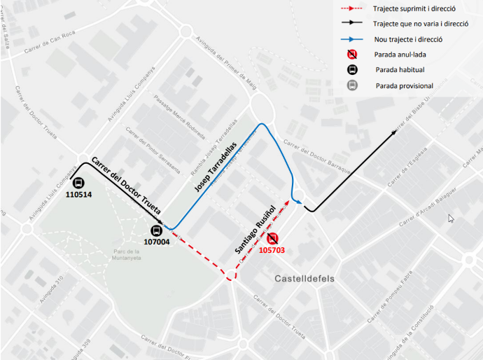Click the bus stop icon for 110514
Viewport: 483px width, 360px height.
pos(78,182)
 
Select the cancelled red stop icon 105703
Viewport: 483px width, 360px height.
pos(273,238)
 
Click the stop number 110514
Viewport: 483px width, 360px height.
pos(78,195)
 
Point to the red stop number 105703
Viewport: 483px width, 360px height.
pos(273,250)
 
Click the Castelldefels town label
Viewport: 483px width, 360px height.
pos(304,279)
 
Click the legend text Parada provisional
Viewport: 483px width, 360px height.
pos(404,86)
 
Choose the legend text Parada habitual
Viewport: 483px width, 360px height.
pos(400,70)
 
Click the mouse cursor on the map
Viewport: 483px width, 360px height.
pos(451,219)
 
